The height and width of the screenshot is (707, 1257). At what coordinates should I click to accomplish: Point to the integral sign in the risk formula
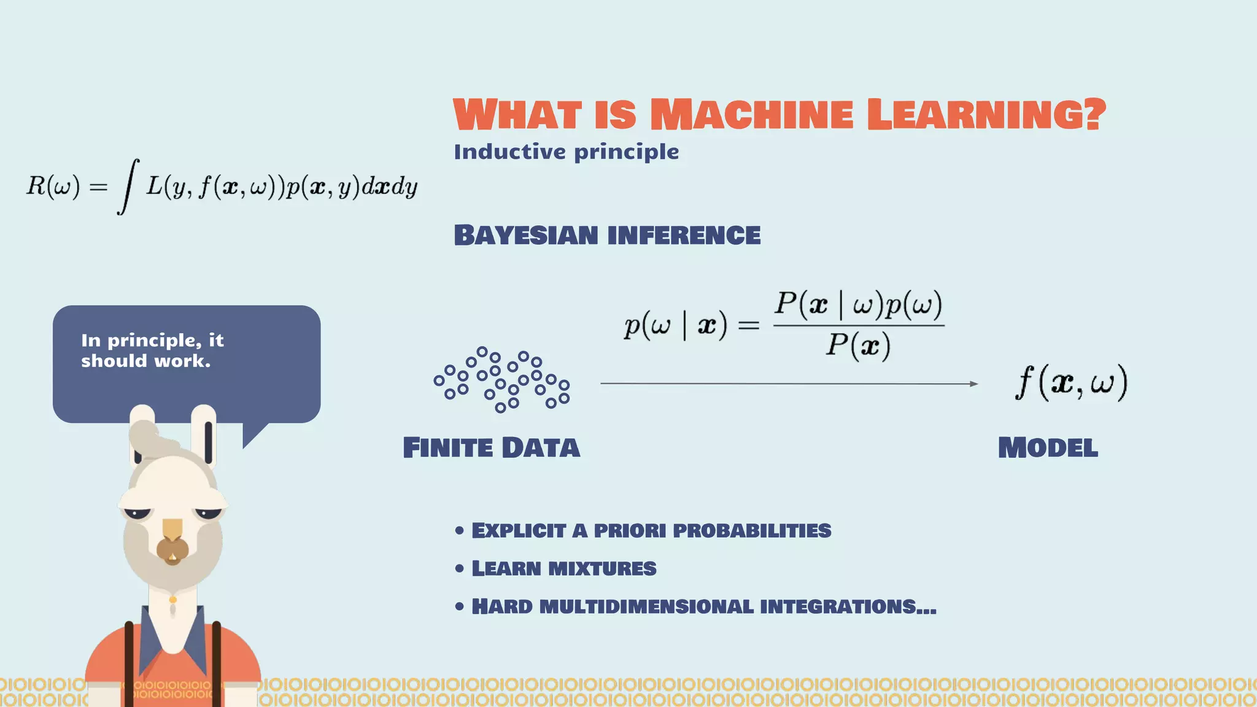pos(127,186)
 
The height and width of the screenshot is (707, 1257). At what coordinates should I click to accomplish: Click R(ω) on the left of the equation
pos(53,185)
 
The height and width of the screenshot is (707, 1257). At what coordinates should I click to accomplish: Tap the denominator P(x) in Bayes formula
pos(857,345)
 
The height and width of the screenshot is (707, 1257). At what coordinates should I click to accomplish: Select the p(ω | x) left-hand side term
pos(675,325)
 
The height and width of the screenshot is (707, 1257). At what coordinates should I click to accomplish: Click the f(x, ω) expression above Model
pos(1071,382)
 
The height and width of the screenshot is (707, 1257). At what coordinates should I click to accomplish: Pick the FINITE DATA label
pos(491,447)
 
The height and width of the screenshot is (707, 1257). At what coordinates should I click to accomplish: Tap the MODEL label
pos(1048,447)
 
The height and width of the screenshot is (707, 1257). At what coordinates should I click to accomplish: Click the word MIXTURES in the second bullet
pos(602,568)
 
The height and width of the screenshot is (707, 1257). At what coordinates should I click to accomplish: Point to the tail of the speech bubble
pos(253,435)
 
